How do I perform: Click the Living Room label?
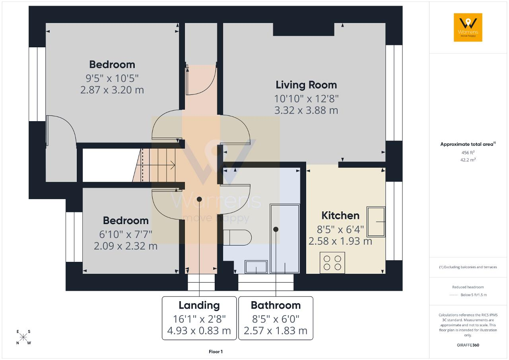[x=306, y=85]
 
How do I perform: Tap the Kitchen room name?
[x=340, y=216]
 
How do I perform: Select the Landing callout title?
[x=199, y=306]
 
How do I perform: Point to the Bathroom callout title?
[x=276, y=305]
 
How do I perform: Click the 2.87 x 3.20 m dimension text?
[x=112, y=90]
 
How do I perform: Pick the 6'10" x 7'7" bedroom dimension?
[x=126, y=234]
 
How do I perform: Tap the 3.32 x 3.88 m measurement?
[x=306, y=110]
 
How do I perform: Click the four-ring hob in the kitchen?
[x=332, y=263]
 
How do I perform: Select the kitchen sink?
[x=376, y=222]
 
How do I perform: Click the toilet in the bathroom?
[x=237, y=238]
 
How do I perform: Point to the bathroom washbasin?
[x=256, y=267]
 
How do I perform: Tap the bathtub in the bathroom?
[x=285, y=238]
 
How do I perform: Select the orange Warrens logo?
[x=468, y=27]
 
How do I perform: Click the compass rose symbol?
[x=23, y=337]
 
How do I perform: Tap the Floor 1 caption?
[x=216, y=352]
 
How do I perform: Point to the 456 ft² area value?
[x=468, y=153]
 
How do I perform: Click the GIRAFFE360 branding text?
[x=468, y=345]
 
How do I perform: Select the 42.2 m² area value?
[x=468, y=160]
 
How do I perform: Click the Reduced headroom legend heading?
[x=468, y=287]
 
